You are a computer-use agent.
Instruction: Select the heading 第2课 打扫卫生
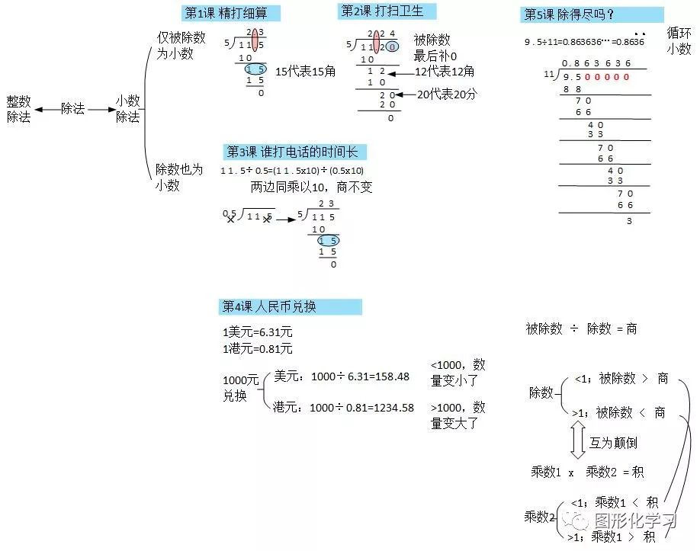click(378, 11)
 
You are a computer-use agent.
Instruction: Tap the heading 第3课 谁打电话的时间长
click(291, 152)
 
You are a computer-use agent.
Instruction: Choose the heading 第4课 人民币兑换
click(269, 306)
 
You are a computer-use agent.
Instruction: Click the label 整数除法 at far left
click(18, 109)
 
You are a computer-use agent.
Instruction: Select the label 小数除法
click(127, 109)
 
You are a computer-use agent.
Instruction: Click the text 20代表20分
click(447, 94)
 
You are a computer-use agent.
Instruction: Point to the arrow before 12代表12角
click(400, 72)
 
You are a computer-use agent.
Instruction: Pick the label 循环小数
click(679, 40)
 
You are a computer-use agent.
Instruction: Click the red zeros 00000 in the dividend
click(607, 77)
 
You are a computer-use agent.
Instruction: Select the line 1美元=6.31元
click(258, 332)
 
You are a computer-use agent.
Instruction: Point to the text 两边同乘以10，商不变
click(311, 187)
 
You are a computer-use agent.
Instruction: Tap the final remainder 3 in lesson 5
click(629, 221)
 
